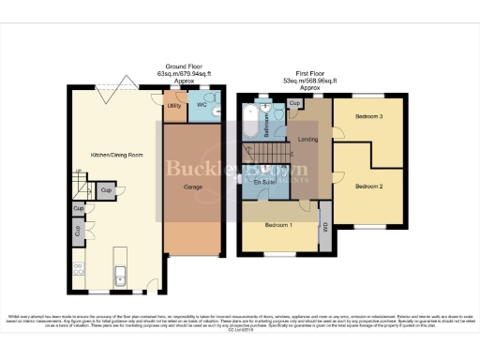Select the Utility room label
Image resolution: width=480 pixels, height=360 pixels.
coord(174,106)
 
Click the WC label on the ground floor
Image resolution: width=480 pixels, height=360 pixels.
coord(201,106)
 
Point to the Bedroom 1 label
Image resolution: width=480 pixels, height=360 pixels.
coord(277,226)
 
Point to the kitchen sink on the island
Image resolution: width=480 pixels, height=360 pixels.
coord(120,275)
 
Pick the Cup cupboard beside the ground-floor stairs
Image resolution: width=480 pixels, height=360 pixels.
coord(107,191)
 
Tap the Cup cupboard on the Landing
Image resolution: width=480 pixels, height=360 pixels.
coord(294,104)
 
